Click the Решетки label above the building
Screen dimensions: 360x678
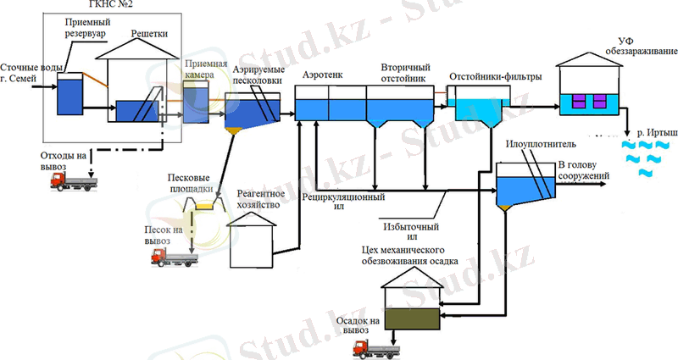click(x=150, y=33)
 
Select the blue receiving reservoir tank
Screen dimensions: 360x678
click(x=68, y=94)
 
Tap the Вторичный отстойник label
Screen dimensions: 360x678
click(x=405, y=73)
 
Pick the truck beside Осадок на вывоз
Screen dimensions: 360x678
click(x=374, y=346)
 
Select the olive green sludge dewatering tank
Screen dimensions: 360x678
click(x=413, y=318)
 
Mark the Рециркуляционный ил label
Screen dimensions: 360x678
click(x=343, y=201)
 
